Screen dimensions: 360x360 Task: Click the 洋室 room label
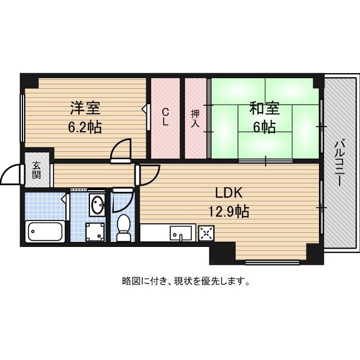(84, 107)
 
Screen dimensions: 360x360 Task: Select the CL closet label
(165, 117)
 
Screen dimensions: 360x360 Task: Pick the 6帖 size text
(264, 127)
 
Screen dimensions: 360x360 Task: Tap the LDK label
(228, 193)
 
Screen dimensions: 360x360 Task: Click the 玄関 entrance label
(37, 170)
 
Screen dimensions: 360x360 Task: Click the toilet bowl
(123, 228)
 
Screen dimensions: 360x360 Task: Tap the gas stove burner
(206, 232)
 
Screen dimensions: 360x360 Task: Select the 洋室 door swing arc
(121, 151)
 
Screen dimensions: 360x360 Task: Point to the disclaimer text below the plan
(186, 281)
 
